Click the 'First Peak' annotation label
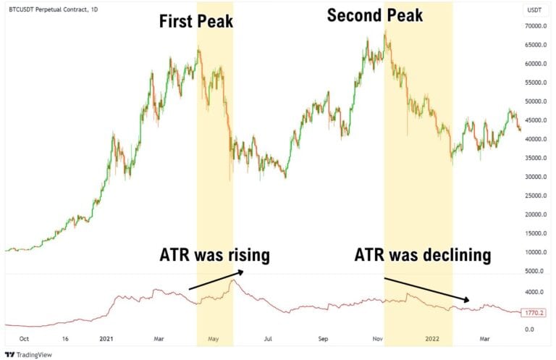(196, 21)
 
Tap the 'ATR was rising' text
(214, 255)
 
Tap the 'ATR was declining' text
(423, 255)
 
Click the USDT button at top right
(535, 9)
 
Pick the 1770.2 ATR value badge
(535, 313)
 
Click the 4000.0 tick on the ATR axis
(536, 292)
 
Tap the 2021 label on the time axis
(106, 338)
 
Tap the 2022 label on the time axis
(433, 338)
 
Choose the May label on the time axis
(214, 338)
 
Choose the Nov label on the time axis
(378, 338)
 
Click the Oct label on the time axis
(23, 338)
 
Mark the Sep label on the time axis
(323, 338)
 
